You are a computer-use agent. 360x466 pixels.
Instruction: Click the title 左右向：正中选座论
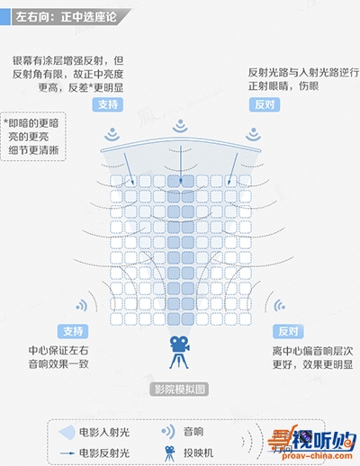coord(67,17)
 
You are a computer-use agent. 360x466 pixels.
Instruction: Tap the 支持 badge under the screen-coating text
coord(108,104)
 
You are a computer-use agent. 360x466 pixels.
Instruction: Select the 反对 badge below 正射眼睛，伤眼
coord(265,104)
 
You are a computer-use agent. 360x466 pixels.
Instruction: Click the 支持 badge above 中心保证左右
coord(73,331)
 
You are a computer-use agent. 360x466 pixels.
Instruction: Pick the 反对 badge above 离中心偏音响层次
coord(288,331)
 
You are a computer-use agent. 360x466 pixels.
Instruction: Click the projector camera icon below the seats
coord(179,353)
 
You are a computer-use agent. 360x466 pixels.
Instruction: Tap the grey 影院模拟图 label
coord(179,390)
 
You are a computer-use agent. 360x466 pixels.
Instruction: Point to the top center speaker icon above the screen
coord(180,126)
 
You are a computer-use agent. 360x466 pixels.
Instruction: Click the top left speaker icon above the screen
coord(112,134)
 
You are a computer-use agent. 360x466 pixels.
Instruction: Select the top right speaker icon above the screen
coord(254,134)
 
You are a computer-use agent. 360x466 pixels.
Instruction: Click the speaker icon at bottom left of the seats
coord(82,306)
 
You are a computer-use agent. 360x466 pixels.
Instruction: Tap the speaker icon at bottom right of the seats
coord(279,306)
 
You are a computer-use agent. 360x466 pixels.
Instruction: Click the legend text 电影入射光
coord(104,432)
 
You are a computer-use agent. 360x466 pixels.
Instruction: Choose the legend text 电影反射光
coord(104,453)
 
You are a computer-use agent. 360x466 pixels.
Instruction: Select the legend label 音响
coord(193,432)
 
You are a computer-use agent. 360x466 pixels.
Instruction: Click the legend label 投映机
coord(199,453)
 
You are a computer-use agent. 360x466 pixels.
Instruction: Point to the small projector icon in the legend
coord(170,453)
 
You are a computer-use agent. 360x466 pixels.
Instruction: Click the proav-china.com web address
coord(317,456)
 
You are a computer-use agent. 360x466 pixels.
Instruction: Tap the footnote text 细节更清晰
coord(33,150)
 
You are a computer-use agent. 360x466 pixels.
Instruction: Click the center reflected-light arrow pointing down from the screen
coord(181,165)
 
